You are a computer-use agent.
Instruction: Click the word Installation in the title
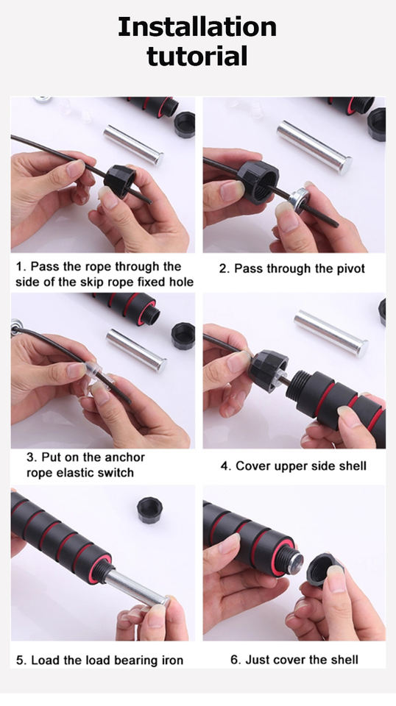[x=197, y=27]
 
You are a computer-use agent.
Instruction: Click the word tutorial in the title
[x=197, y=57]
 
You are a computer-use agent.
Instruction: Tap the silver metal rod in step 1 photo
[x=133, y=145]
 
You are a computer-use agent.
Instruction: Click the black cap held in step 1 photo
[x=120, y=181]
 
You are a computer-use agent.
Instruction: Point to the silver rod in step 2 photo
[x=314, y=146]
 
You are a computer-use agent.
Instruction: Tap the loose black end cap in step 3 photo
[x=183, y=336]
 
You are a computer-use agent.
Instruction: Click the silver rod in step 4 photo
[x=331, y=332]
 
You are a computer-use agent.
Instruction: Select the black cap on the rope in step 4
[x=269, y=371]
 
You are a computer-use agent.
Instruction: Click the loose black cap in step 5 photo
[x=150, y=510]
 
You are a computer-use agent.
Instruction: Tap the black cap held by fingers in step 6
[x=323, y=569]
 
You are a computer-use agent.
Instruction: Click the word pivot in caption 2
[x=350, y=269]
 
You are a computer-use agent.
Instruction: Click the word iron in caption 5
[x=172, y=660]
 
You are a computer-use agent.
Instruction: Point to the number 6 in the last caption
[x=234, y=660]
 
